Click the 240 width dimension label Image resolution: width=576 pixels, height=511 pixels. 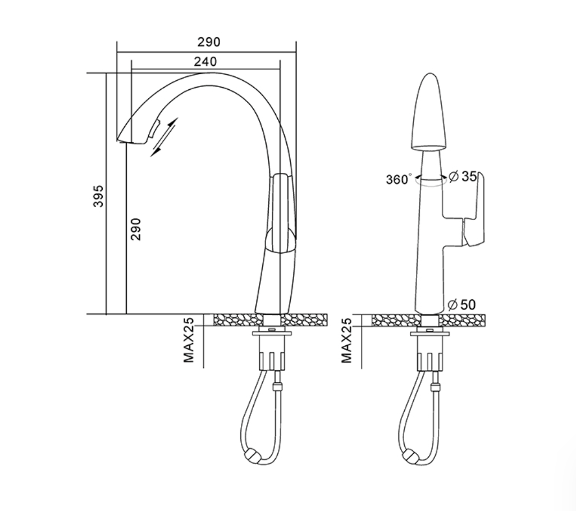click(x=205, y=61)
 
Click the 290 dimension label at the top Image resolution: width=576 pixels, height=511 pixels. click(x=209, y=42)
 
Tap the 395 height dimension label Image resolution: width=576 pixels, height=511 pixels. click(x=98, y=196)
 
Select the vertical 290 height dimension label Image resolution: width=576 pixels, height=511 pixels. click(x=135, y=229)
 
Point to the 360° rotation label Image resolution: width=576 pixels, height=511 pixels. click(x=399, y=179)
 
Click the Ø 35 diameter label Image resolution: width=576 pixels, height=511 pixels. click(x=463, y=177)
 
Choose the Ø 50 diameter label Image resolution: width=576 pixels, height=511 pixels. click(x=462, y=304)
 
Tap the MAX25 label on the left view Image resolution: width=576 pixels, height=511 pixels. click(x=189, y=340)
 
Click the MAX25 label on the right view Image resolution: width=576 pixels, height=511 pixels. click(x=346, y=340)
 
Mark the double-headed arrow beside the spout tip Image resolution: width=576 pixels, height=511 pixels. click(x=164, y=137)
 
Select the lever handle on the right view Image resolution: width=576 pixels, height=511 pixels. click(x=474, y=211)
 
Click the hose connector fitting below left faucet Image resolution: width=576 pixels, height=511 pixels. click(x=278, y=387)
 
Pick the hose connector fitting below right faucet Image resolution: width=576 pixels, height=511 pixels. click(x=436, y=387)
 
